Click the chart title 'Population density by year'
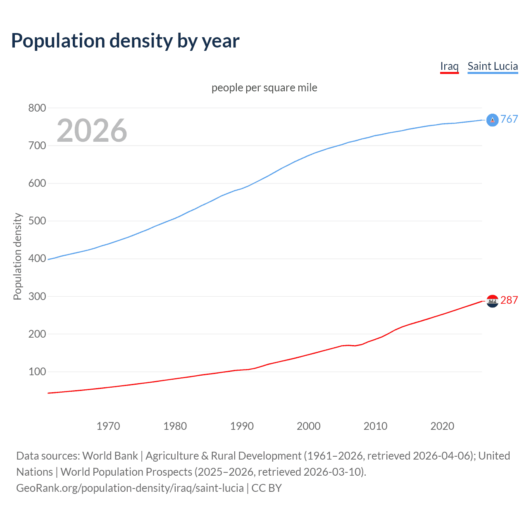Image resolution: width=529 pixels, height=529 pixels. (x=125, y=41)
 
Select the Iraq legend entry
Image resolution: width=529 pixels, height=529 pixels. (x=449, y=67)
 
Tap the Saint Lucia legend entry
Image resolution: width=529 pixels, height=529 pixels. (x=493, y=67)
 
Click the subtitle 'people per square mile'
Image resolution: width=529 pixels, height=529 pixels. (x=264, y=88)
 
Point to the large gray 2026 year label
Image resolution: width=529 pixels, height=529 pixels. (x=92, y=131)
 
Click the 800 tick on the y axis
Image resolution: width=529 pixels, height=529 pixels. (x=37, y=108)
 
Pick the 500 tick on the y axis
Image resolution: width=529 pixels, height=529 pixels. (x=37, y=221)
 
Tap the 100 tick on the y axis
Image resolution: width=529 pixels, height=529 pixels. (x=37, y=372)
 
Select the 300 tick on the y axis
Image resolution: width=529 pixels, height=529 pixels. (x=37, y=296)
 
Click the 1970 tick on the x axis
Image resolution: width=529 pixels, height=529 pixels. (x=108, y=426)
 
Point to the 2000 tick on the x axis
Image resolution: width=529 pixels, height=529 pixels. (x=309, y=426)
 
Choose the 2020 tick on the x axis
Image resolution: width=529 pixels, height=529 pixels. (x=442, y=426)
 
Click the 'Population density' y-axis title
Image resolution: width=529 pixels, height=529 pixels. (x=17, y=256)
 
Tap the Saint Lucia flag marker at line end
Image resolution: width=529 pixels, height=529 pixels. (x=492, y=120)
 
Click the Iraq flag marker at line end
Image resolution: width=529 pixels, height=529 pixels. (x=492, y=301)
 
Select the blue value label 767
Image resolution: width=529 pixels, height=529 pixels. (x=509, y=119)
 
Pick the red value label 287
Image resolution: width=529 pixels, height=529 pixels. (x=509, y=300)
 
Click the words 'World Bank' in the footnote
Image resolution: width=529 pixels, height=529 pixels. (x=110, y=456)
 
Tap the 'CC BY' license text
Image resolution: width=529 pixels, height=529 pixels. (x=267, y=488)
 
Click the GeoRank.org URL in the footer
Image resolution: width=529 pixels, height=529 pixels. (x=130, y=488)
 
